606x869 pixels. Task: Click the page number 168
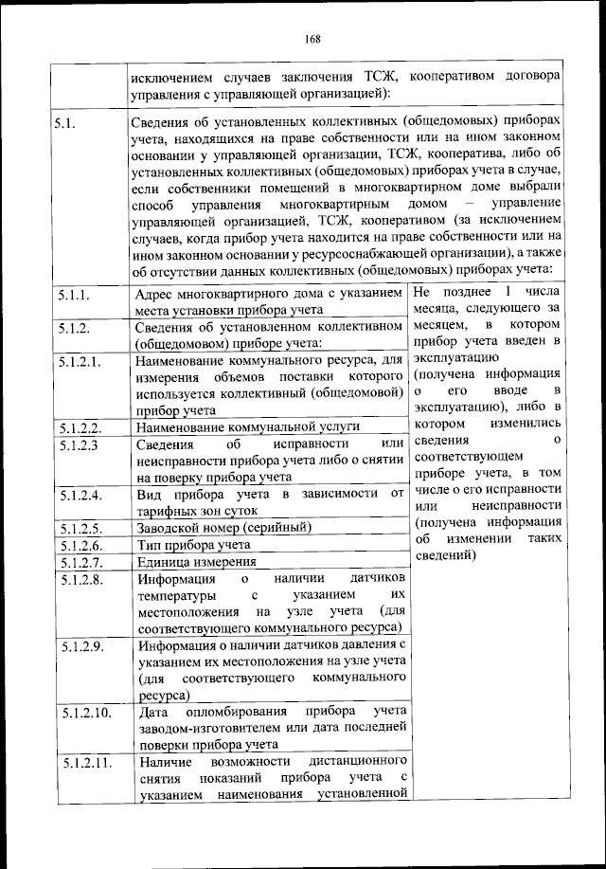click(314, 39)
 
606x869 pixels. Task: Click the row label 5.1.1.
click(73, 296)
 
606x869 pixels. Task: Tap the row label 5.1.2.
click(73, 328)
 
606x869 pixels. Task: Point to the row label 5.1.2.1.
click(77, 361)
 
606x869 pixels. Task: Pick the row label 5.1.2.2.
click(77, 427)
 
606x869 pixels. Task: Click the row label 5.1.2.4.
click(77, 495)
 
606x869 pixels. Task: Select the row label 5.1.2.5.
click(77, 528)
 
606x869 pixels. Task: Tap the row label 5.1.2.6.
click(77, 545)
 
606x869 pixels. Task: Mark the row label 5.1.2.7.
click(77, 561)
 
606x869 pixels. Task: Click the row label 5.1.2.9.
click(77, 646)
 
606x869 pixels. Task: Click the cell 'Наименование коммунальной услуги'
click(248, 427)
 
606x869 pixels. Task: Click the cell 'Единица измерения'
click(197, 561)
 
